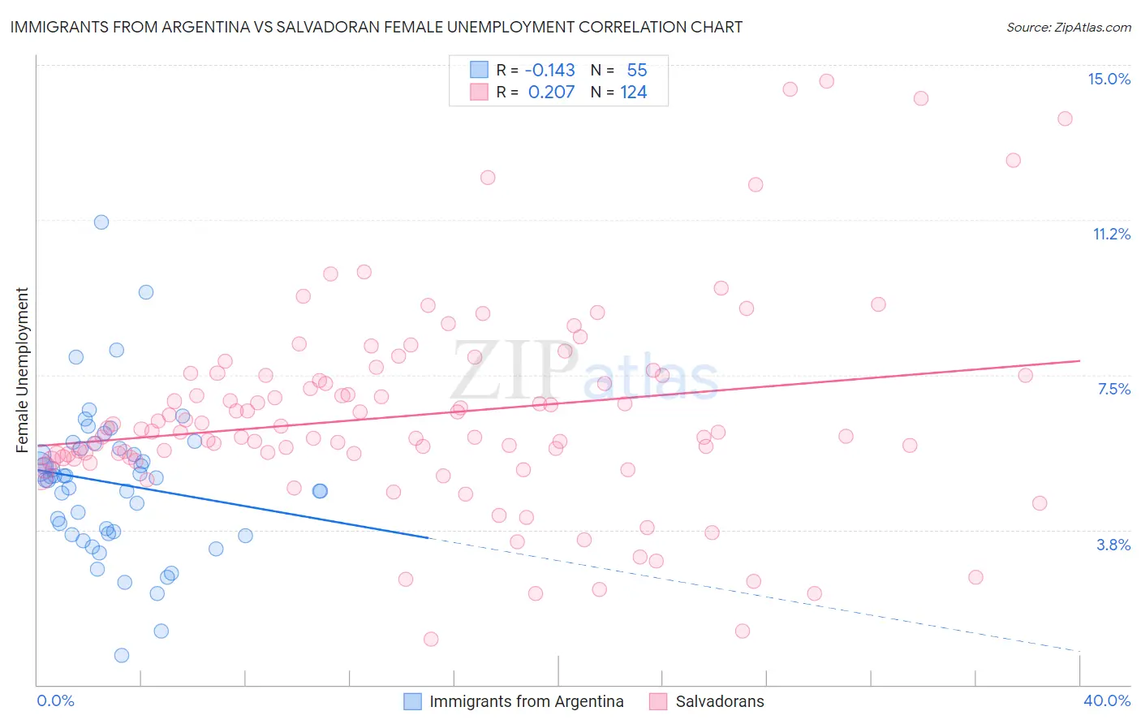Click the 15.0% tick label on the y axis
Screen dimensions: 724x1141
[x=1108, y=79]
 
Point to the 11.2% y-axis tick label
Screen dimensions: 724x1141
[x=1110, y=234]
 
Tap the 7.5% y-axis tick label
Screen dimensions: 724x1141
[x=1113, y=389]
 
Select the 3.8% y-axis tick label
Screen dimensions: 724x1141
[x=1113, y=545]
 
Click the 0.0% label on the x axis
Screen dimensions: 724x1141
[x=55, y=700]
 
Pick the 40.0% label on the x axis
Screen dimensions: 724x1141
[x=1106, y=700]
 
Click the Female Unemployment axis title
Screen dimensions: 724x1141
[x=22, y=369]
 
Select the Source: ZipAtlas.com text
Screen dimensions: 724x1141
[x=1068, y=28]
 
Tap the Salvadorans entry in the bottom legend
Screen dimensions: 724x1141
[x=719, y=701]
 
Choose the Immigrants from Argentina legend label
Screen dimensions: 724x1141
[x=526, y=701]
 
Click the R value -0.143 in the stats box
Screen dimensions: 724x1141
[x=550, y=71]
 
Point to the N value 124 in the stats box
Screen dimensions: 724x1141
[x=633, y=93]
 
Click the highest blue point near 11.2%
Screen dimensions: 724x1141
[x=101, y=222]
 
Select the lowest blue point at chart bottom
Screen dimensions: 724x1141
[x=122, y=655]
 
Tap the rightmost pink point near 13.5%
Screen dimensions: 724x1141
[x=1065, y=119]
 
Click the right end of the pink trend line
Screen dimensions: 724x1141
[x=1079, y=360]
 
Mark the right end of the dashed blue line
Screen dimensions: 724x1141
[x=1079, y=651]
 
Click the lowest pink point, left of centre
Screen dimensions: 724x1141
[x=431, y=639]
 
